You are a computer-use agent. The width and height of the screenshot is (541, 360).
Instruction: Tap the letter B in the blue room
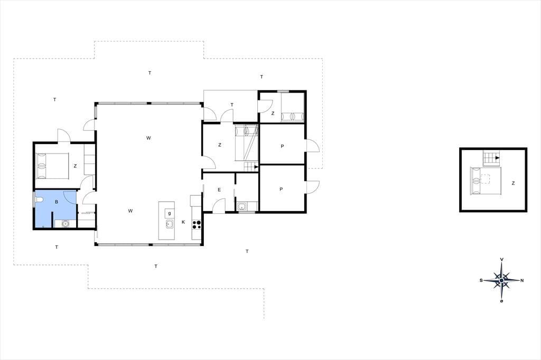coord(57,202)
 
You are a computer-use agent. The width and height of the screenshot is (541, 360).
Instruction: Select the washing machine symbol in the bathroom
coord(65,224)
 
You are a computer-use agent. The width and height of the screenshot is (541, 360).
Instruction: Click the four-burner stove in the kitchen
coord(197,224)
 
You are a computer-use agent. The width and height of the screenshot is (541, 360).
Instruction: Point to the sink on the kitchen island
coord(170,224)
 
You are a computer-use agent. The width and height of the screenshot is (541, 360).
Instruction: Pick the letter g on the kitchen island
coord(170,213)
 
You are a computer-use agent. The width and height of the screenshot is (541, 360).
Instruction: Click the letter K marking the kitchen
coord(183,222)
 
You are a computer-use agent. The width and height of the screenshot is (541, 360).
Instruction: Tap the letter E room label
coord(219,190)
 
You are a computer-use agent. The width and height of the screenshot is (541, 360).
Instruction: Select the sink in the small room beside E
coord(241,206)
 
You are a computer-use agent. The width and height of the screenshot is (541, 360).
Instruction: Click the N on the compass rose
coord(522,280)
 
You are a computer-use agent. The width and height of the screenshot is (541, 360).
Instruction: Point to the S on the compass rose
coord(481,280)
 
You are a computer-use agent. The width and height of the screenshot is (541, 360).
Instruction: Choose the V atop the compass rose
coord(502,259)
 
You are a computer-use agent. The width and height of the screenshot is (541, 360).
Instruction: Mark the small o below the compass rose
coord(501,301)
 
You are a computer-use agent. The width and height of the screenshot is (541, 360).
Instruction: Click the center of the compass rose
coord(501,280)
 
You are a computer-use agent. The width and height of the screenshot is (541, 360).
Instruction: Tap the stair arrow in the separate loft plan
coord(498,158)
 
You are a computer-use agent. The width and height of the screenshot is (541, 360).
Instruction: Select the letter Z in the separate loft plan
coord(513,184)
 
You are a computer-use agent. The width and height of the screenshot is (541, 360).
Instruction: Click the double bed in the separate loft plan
coord(486,181)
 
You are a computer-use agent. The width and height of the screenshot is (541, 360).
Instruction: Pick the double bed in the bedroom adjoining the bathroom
coord(53,166)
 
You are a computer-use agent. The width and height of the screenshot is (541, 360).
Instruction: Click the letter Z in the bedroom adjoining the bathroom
coord(75,166)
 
